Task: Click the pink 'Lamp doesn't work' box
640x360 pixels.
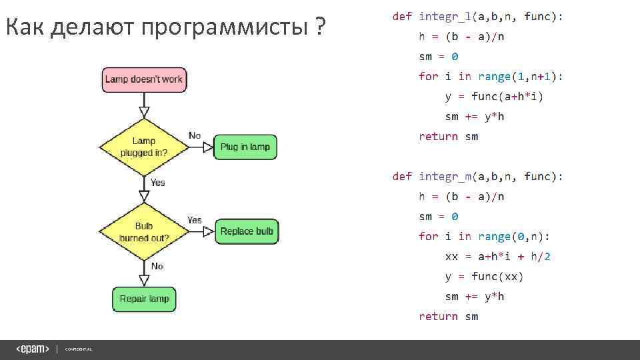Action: tap(143, 79)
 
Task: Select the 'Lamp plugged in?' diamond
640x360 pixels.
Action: tap(143, 147)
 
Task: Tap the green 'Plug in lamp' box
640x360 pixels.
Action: tap(245, 147)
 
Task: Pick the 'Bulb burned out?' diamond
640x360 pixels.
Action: tap(143, 232)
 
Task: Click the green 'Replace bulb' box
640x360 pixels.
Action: tap(247, 231)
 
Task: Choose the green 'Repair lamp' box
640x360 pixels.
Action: tap(144, 299)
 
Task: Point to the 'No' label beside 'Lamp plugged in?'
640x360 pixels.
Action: tap(195, 135)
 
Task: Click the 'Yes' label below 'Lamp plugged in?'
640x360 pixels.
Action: tap(158, 182)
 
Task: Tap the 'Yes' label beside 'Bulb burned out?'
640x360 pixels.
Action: tap(195, 220)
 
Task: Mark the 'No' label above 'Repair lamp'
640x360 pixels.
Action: tap(157, 266)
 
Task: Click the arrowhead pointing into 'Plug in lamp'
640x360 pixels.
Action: tap(207, 147)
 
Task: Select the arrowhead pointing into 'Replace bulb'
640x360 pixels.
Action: tap(208, 231)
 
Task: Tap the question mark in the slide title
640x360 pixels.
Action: tap(321, 29)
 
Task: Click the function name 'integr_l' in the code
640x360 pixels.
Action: tap(445, 16)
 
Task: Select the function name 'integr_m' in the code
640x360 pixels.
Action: tap(445, 176)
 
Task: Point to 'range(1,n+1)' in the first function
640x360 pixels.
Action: tap(520, 76)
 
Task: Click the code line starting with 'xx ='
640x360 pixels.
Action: tap(498, 256)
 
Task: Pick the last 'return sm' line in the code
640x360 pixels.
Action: tap(448, 316)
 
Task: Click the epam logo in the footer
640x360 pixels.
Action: tap(33, 349)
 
